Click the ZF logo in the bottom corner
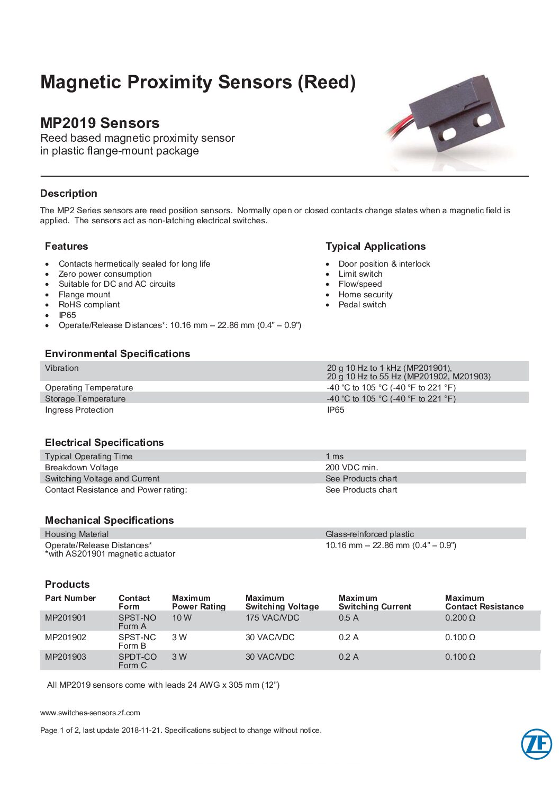click(536, 744)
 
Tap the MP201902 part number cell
click(66, 638)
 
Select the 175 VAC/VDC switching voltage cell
click(272, 618)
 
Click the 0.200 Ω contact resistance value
click(460, 618)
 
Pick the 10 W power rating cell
click(182, 618)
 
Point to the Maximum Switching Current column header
click(375, 603)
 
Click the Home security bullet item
click(365, 295)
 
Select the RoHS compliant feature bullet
click(89, 305)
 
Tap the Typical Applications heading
click(375, 247)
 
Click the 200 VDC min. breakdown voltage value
click(351, 468)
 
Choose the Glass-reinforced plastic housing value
click(369, 534)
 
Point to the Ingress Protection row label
click(79, 410)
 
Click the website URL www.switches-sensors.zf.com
click(90, 713)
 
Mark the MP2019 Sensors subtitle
click(100, 123)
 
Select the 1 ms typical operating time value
click(334, 457)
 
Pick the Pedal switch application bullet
click(362, 305)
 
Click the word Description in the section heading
click(69, 194)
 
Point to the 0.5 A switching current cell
click(348, 618)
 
